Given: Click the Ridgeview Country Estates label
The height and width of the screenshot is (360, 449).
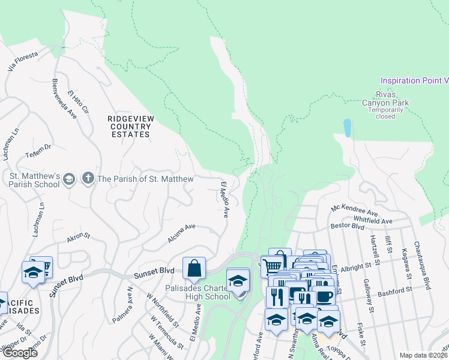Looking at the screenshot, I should click(x=128, y=127).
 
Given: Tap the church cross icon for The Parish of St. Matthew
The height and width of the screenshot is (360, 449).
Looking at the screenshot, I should click(x=88, y=178).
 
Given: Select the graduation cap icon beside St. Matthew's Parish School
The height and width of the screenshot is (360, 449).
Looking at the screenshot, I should click(x=70, y=179).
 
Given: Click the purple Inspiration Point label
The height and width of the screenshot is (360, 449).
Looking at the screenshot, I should click(x=414, y=80).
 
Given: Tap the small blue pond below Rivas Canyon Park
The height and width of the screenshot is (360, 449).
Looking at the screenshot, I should click(x=347, y=127).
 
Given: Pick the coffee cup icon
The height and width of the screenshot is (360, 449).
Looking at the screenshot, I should click(x=325, y=296).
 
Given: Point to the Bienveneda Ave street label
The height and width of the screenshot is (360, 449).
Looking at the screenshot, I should click(x=64, y=97).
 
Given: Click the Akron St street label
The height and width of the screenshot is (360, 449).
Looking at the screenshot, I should click(x=78, y=238).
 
